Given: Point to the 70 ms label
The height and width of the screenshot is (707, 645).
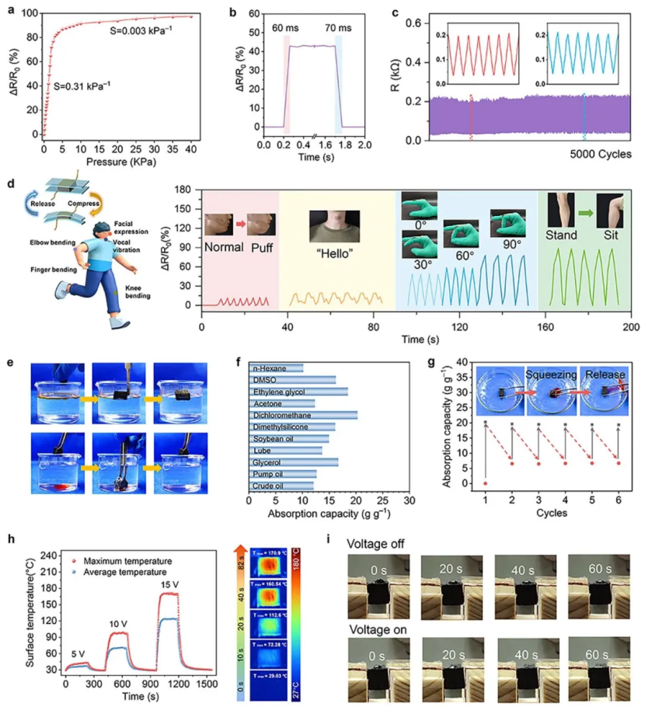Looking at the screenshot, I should coord(338,26).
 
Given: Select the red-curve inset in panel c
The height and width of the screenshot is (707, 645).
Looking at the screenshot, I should coord(476,55).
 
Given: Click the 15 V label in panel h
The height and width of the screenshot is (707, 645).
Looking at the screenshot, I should coord(170,583).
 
